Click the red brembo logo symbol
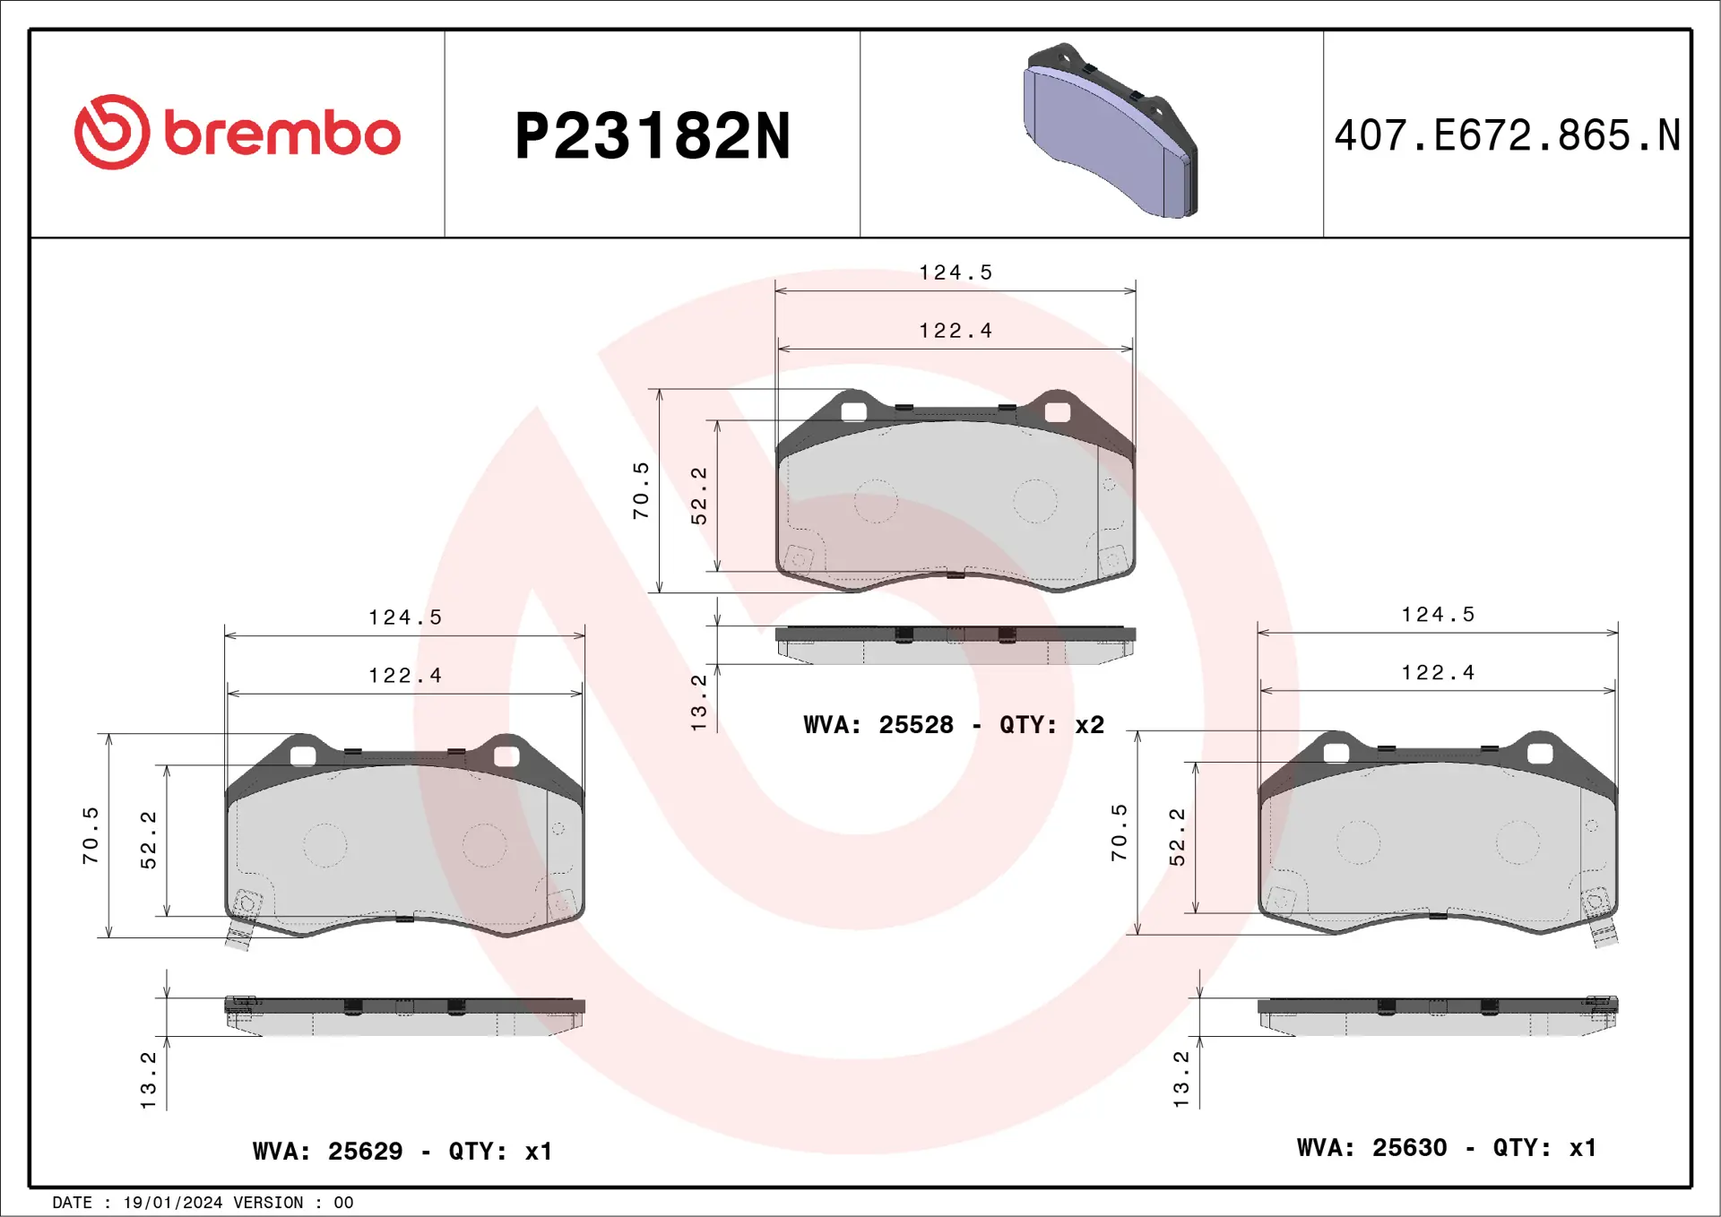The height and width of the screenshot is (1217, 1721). click(x=112, y=133)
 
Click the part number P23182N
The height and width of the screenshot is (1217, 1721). click(x=652, y=136)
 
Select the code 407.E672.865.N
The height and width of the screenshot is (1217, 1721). click(x=1507, y=136)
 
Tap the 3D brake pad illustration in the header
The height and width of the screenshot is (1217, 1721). click(x=1110, y=132)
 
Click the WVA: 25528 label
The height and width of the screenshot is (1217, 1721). click(x=878, y=724)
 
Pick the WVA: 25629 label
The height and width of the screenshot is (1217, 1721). click(x=327, y=1151)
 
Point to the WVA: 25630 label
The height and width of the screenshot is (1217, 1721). click(x=1371, y=1147)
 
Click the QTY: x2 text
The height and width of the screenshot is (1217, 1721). click(x=1051, y=724)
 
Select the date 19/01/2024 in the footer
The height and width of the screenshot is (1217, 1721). click(x=172, y=1203)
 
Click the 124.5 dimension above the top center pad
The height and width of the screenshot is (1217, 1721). click(x=956, y=272)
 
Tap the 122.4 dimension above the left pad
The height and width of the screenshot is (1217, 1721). click(x=405, y=676)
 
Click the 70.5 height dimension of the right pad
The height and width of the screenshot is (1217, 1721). click(x=1120, y=833)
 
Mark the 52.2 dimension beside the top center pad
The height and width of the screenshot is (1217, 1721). click(x=699, y=495)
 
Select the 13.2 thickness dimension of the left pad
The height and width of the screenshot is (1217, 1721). click(x=149, y=1080)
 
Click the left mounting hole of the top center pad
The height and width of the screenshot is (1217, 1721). click(x=854, y=412)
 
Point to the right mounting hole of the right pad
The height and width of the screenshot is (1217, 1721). click(x=1539, y=754)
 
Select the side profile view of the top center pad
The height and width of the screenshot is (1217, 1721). click(x=955, y=645)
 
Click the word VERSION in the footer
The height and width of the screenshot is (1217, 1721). click(x=268, y=1203)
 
